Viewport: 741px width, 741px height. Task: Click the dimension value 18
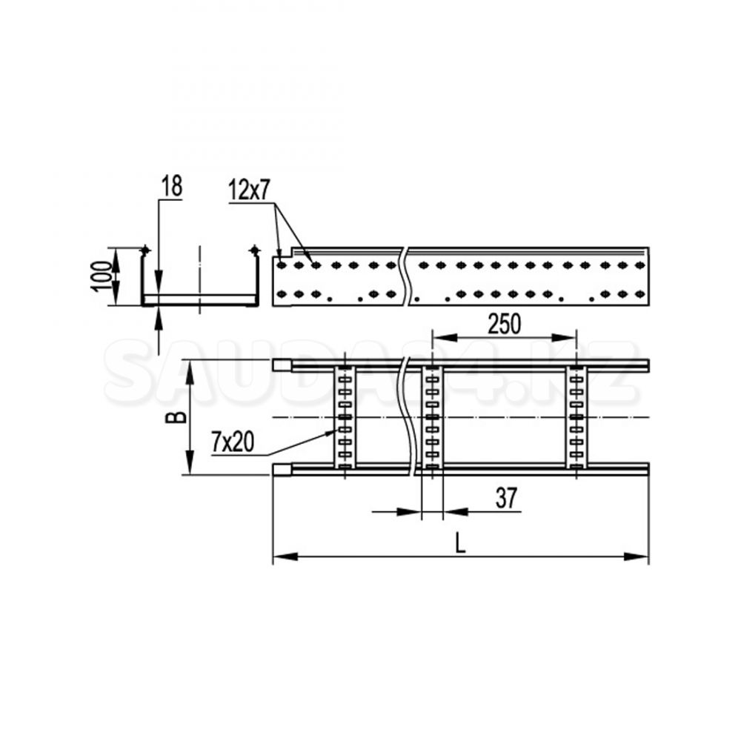[172, 186]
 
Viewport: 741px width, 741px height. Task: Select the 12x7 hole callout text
[248, 190]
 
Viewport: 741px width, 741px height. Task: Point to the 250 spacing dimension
[504, 325]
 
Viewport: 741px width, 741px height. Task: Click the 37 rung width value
[507, 498]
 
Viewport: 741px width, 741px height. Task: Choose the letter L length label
[461, 542]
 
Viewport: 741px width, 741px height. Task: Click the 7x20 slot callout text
[233, 442]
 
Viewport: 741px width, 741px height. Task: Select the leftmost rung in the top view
[345, 417]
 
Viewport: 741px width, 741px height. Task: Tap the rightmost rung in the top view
[576, 417]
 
